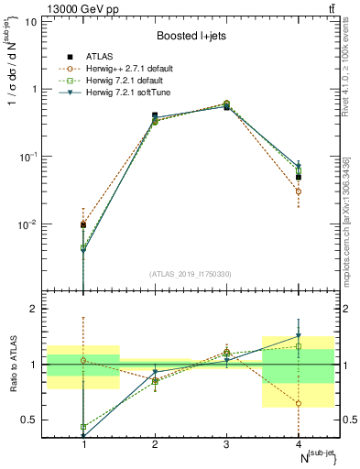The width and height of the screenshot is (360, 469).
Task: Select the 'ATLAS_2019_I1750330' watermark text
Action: pos(191,274)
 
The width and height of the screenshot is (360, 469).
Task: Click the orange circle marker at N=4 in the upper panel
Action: pos(298,191)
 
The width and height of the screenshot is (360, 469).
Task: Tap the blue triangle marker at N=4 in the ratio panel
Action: pos(298,336)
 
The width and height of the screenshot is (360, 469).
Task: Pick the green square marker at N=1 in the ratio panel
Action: pos(83,427)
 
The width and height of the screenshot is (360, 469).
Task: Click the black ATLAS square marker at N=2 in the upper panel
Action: pos(155,115)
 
